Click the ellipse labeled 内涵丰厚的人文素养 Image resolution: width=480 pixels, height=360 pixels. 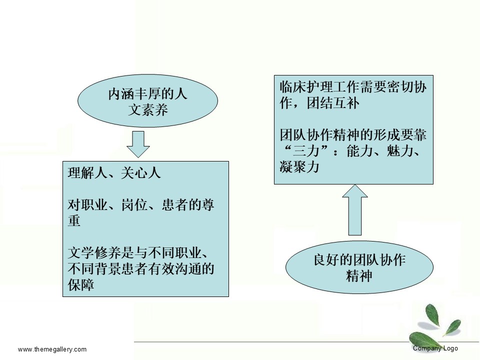147,100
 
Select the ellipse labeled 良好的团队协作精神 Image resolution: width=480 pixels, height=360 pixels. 359,267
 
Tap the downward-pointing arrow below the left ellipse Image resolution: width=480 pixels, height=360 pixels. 138,144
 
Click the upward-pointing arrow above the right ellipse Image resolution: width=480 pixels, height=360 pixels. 355,210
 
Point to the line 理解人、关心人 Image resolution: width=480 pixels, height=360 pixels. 114,173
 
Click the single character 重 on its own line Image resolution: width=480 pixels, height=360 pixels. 74,220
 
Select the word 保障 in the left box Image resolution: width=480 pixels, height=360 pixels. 81,284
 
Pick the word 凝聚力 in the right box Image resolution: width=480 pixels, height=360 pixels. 299,167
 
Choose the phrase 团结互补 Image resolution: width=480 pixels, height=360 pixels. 333,103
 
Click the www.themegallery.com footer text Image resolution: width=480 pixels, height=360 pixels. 52,349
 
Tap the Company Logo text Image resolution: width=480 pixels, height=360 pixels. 435,348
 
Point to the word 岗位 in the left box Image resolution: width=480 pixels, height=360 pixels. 134,204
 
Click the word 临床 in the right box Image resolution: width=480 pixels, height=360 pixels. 292,87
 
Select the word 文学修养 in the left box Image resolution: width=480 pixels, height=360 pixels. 94,253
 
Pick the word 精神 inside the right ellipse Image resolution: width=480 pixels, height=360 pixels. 359,275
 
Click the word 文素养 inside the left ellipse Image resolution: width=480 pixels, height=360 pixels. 148,110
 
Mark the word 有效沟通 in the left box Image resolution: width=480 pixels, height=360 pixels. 174,269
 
